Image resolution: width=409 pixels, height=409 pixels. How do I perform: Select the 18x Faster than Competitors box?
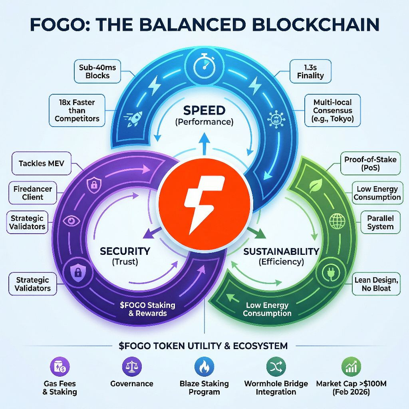(77, 111)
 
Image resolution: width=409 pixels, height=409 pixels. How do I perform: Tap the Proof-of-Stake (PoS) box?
(370, 163)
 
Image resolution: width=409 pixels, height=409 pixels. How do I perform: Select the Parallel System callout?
(380, 222)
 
